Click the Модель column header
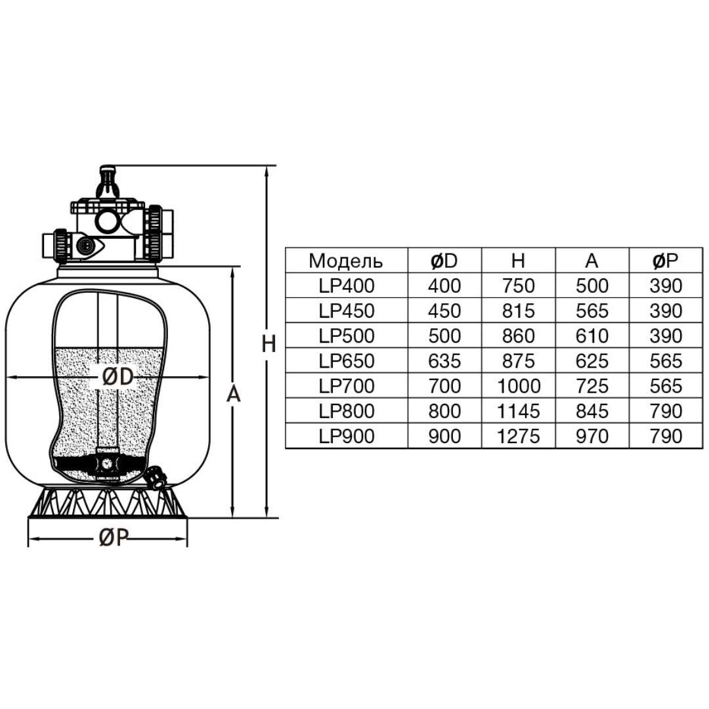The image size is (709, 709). tap(346, 261)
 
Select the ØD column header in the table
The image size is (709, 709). tap(444, 261)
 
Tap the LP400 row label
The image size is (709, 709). tap(347, 286)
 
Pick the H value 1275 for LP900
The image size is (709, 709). tap(518, 436)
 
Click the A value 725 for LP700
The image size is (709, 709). tap(592, 386)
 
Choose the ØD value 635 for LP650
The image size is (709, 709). tap(444, 361)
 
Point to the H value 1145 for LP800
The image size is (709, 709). tap(518, 411)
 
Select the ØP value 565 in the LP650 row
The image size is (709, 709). tap(666, 361)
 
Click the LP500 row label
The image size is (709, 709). tap(347, 336)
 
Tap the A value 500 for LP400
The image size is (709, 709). tap(592, 286)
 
